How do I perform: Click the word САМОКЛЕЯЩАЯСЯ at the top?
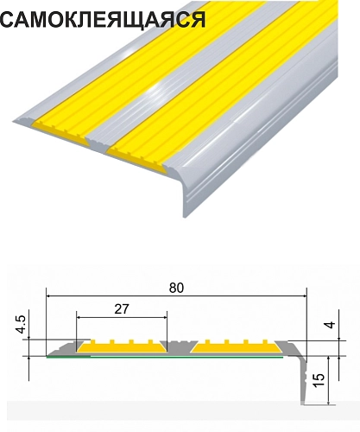(x=103, y=20)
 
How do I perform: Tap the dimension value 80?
(x=176, y=288)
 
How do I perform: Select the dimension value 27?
(x=122, y=309)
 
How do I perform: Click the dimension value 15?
(x=319, y=380)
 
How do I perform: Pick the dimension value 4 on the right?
(x=331, y=325)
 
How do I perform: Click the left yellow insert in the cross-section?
(x=122, y=346)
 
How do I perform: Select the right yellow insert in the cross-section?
(x=237, y=346)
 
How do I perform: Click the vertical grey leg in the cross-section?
(x=303, y=380)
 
